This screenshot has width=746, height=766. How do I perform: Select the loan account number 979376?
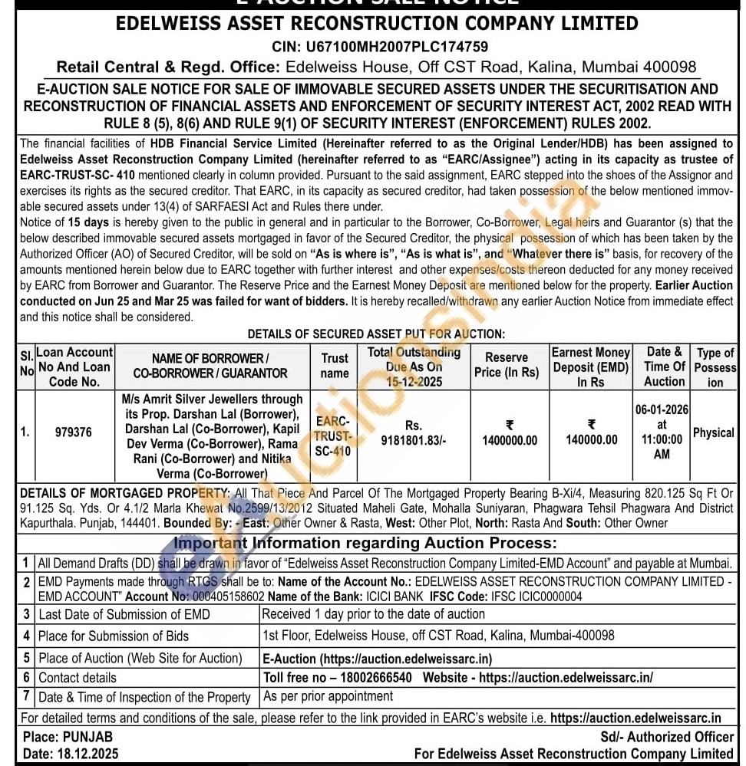click(73, 432)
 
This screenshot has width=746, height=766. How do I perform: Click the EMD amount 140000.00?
click(591, 439)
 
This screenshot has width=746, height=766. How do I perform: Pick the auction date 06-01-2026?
click(662, 409)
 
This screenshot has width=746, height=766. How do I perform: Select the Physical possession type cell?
click(714, 432)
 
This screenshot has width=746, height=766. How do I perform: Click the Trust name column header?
click(334, 366)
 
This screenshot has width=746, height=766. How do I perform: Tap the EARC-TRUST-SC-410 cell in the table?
click(333, 436)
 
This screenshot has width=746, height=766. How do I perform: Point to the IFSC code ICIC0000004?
click(547, 596)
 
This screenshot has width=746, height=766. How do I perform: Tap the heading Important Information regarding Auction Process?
click(365, 544)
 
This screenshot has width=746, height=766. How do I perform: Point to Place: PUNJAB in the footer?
click(68, 737)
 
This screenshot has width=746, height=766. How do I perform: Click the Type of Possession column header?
click(715, 367)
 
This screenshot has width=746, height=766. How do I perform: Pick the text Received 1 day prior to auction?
click(373, 613)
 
